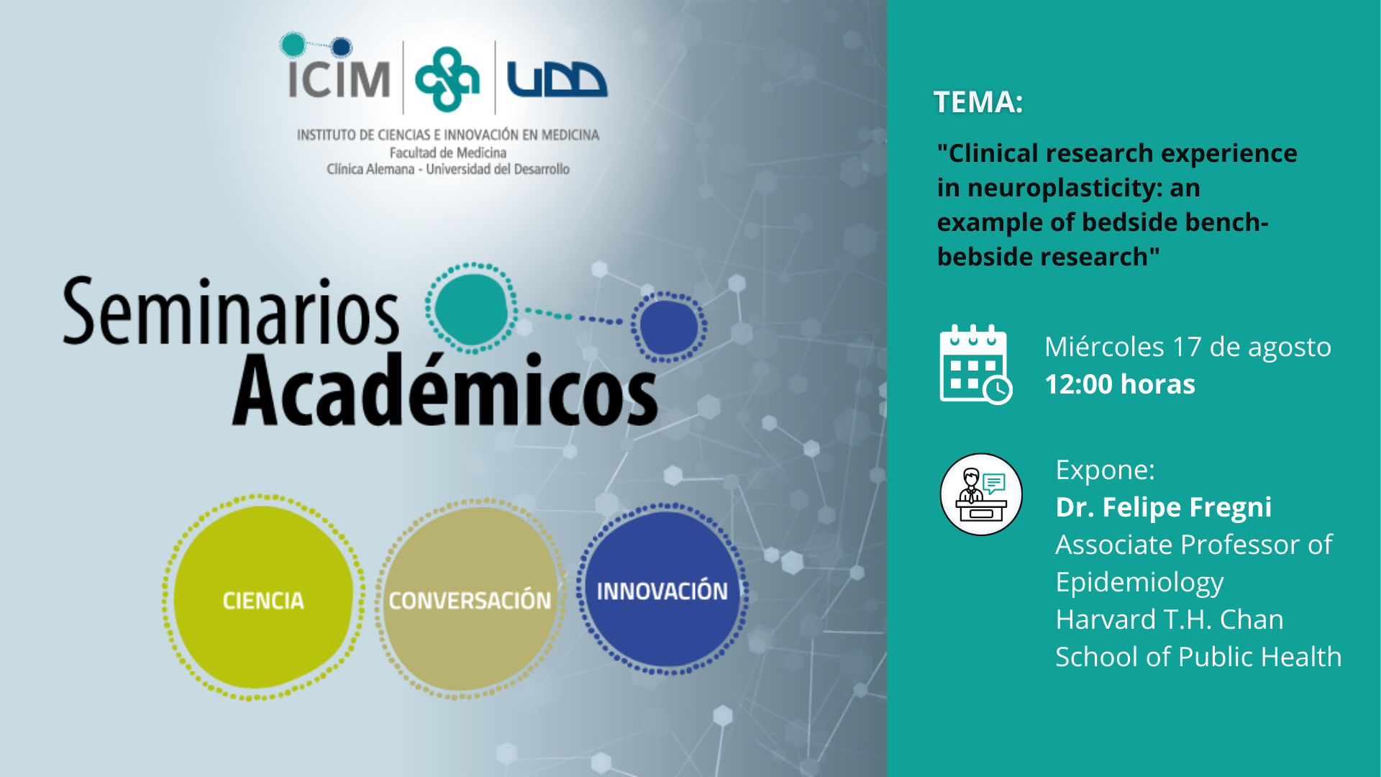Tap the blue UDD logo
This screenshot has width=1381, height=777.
[x=557, y=79]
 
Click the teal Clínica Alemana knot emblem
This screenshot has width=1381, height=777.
[x=447, y=79]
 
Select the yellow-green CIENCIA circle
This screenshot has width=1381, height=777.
[x=263, y=597]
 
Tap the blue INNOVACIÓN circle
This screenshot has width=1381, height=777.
[x=662, y=589]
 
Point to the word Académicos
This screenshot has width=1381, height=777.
[x=445, y=391]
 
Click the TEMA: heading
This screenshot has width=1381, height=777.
[x=978, y=102]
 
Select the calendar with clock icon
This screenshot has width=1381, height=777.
[x=976, y=365]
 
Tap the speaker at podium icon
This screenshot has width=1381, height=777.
[x=981, y=494]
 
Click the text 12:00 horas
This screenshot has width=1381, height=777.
[x=1120, y=384]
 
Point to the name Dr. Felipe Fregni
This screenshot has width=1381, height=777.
[x=1164, y=507]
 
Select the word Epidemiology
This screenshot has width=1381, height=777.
[x=1139, y=583]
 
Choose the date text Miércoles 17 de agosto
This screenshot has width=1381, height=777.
[x=1188, y=347]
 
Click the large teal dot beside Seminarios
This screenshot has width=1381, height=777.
[x=472, y=309]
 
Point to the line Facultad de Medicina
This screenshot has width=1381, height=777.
[x=448, y=153]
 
